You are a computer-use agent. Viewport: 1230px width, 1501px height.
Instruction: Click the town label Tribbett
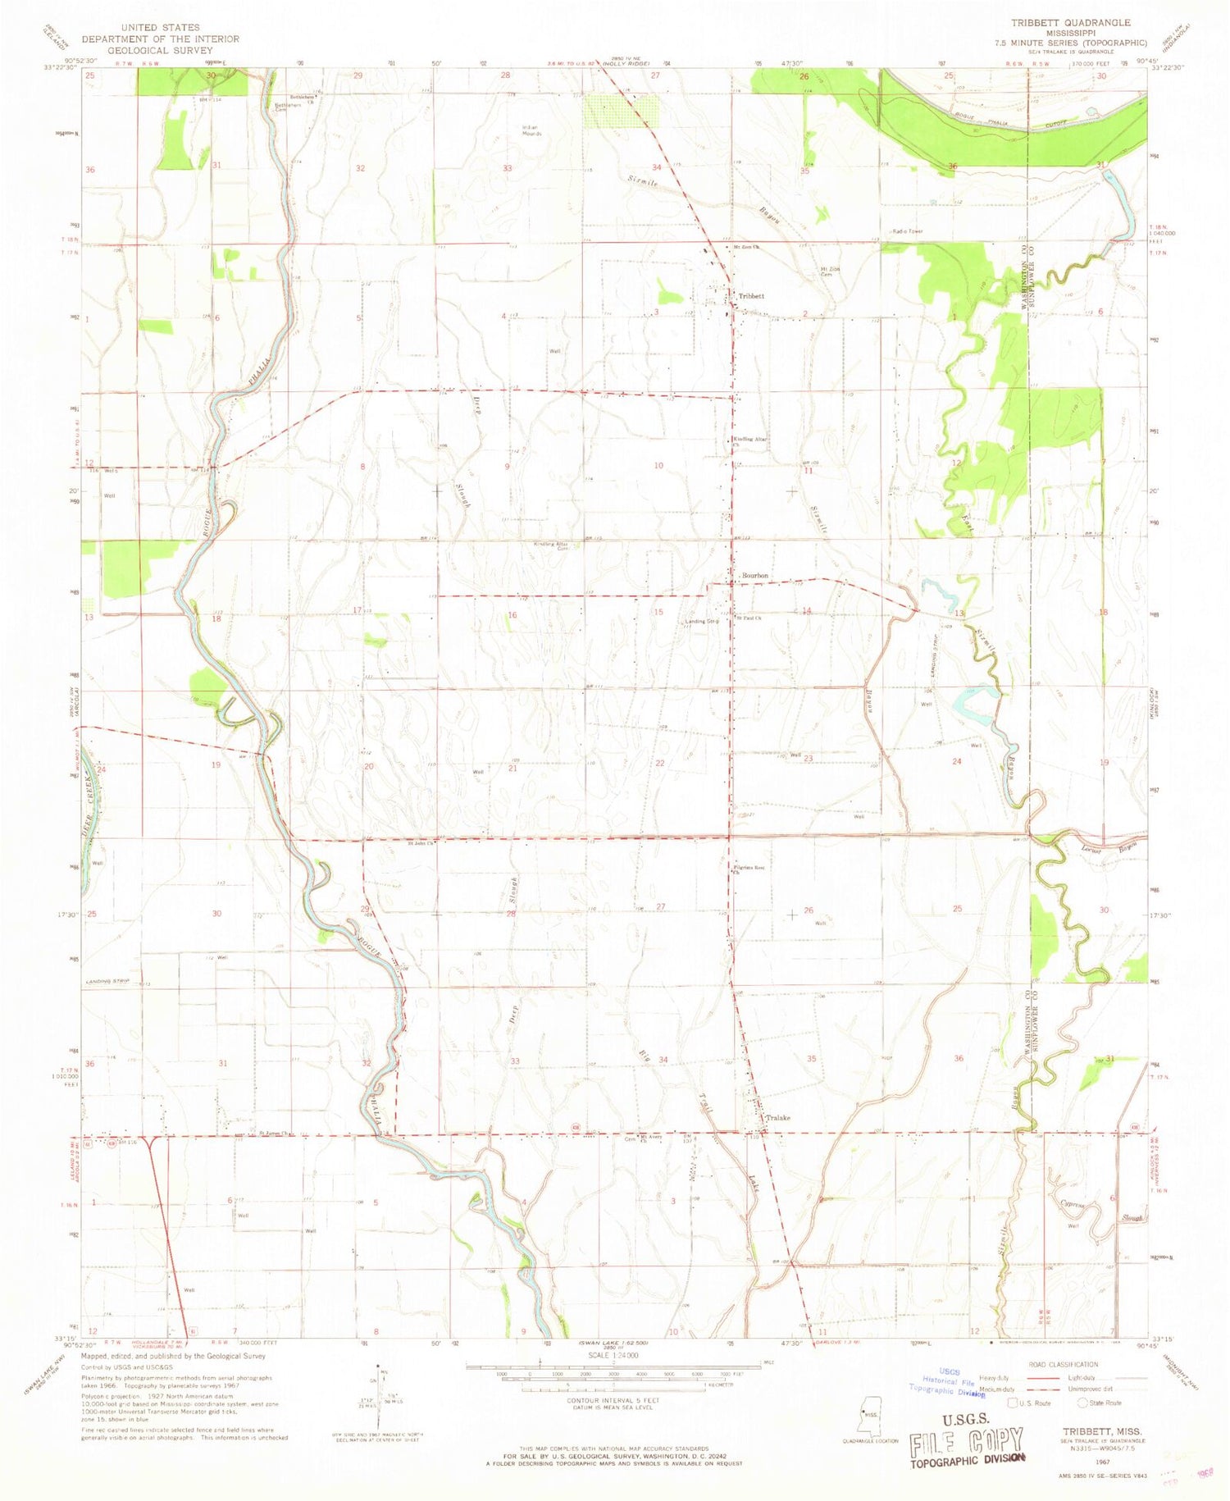click(x=751, y=296)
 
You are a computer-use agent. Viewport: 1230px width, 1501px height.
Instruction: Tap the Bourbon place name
click(x=754, y=576)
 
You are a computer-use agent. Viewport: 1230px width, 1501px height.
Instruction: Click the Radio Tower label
click(x=907, y=231)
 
